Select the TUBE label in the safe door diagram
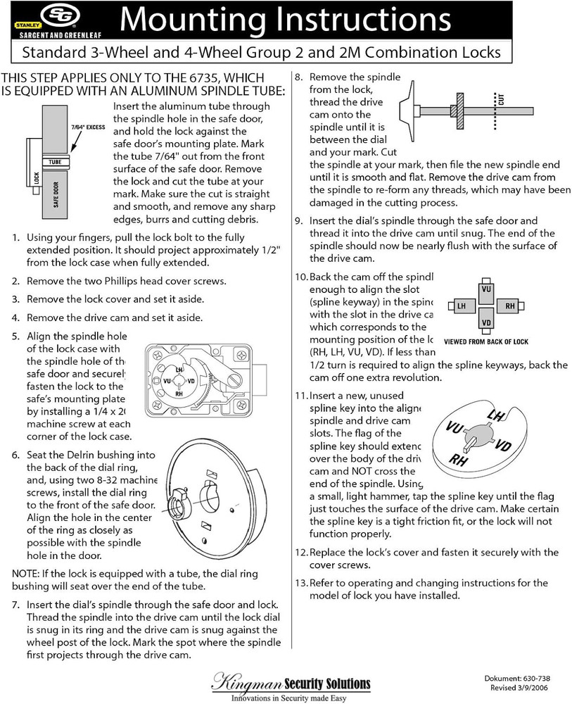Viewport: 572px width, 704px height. point(55,162)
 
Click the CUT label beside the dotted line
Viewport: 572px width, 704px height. point(501,99)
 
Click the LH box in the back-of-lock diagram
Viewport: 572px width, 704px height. point(461,306)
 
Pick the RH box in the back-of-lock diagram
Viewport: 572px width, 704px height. point(509,306)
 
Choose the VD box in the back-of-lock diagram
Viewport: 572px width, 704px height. point(485,323)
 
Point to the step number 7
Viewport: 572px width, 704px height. point(15,605)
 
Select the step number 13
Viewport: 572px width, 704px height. point(301,583)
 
